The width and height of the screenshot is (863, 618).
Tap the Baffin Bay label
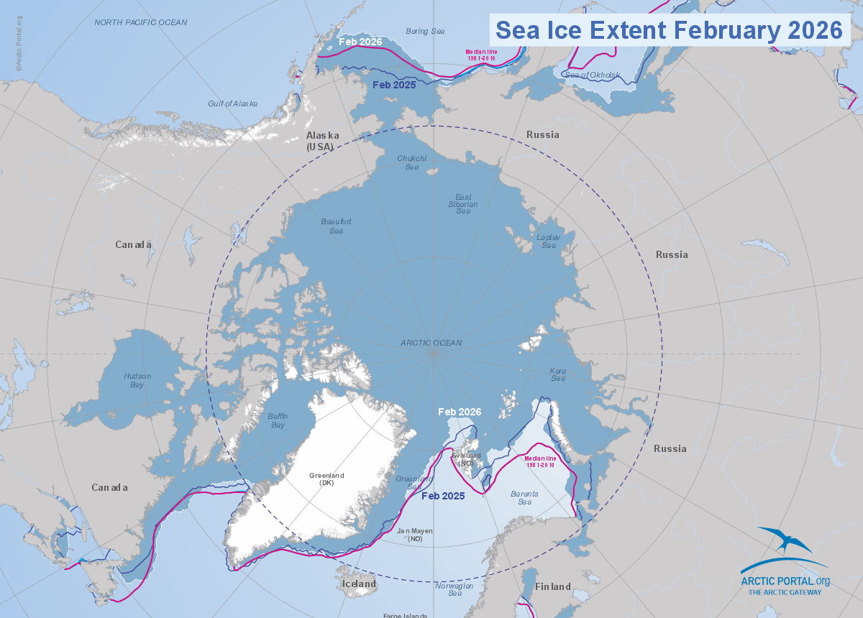coord(278,420)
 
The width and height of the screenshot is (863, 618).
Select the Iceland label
coord(359,584)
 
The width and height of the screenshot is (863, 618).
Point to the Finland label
coord(552,587)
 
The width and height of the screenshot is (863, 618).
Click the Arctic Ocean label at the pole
coord(431,343)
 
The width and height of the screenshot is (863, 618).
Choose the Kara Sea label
coord(558,374)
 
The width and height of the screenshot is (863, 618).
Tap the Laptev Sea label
coord(548,241)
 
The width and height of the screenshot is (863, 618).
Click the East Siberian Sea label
coord(463,203)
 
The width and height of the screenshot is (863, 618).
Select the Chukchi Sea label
coord(412,162)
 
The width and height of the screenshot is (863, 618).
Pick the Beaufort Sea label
coord(336,226)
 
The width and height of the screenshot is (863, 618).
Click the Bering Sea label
coord(425,32)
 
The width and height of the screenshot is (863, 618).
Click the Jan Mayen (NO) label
coord(415,534)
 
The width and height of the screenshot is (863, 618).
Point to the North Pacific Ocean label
coord(141,22)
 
